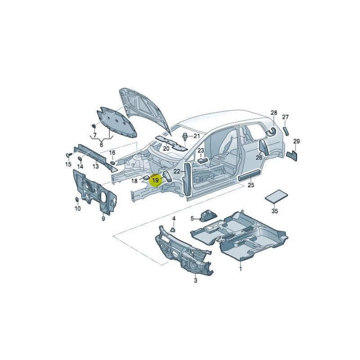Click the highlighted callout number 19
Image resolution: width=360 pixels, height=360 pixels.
155,180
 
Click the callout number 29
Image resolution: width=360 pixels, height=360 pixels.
296,141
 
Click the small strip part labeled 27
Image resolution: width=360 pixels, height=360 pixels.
285,131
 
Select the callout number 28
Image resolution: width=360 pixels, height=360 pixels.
274,112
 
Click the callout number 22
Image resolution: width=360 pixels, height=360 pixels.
177,171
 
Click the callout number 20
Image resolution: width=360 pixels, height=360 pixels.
166,148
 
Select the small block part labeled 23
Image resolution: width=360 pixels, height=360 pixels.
202,159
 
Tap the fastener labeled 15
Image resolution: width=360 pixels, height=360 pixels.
68,155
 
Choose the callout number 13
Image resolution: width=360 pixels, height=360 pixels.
95,166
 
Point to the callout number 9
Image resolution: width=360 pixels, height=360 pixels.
103,219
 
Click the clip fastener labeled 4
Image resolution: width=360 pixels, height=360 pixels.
172,229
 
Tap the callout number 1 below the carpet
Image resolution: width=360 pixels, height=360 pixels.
240,269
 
